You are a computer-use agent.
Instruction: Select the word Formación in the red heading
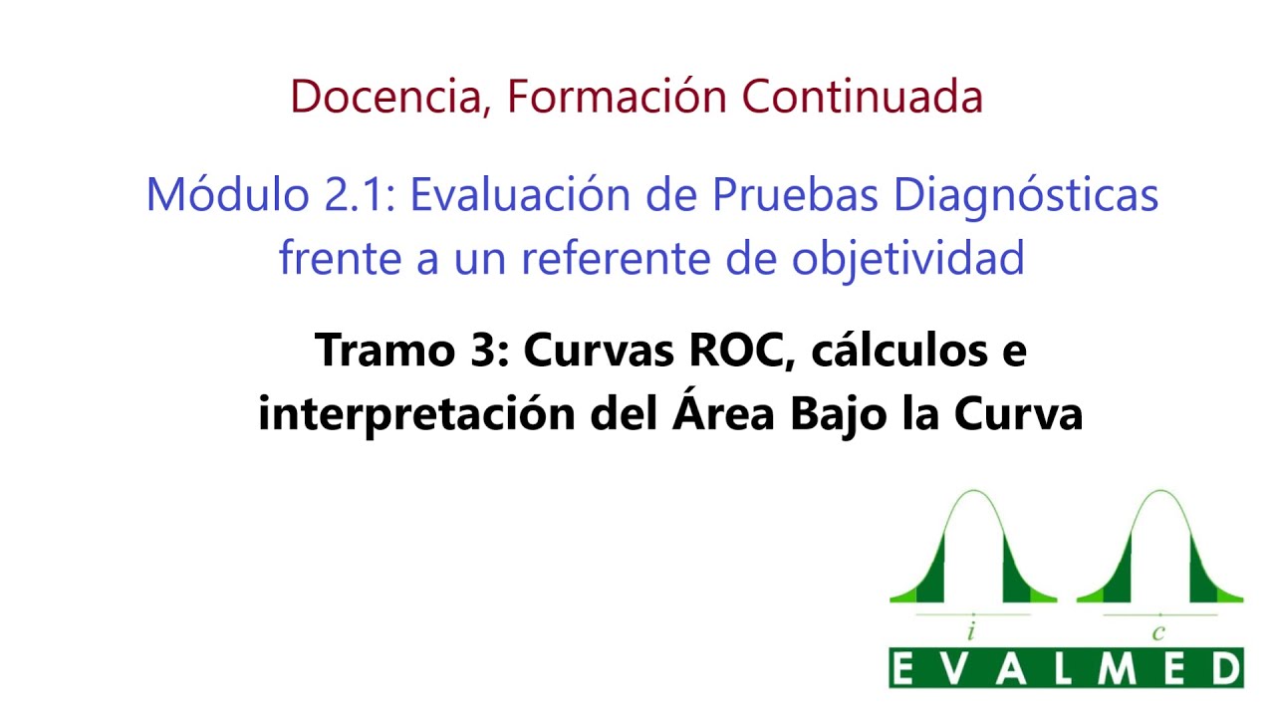[617, 96]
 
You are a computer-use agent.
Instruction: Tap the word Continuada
[863, 97]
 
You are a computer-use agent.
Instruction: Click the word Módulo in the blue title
[228, 194]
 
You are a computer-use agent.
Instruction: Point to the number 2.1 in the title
[359, 195]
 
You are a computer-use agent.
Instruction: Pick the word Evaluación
[520, 194]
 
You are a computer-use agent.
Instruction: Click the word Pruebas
[795, 194]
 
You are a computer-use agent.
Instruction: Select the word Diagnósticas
[1026, 197]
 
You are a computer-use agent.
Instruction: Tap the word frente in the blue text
[341, 257]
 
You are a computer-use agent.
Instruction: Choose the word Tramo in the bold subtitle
[384, 350]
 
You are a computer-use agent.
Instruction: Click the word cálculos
[899, 349]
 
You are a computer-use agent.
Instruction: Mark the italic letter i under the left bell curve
[971, 631]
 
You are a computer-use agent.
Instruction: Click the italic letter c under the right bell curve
[1158, 632]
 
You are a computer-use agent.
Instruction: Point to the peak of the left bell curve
[974, 491]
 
